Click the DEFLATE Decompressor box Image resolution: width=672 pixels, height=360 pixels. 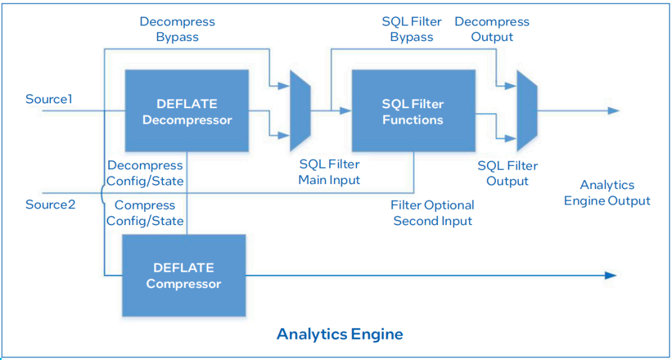click(x=187, y=111)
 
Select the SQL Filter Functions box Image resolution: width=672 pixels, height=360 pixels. click(x=413, y=111)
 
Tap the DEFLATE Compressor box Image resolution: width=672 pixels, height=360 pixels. click(x=184, y=275)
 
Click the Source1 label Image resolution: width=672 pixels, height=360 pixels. click(x=49, y=99)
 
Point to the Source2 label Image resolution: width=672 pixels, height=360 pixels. click(x=50, y=205)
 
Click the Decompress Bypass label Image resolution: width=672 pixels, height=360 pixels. click(x=177, y=29)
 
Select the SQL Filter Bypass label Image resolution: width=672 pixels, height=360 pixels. click(x=411, y=29)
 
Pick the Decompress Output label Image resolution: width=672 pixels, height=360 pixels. click(x=492, y=29)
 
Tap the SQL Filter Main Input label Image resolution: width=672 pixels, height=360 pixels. click(x=329, y=172)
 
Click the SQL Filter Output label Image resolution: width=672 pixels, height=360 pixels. click(x=508, y=173)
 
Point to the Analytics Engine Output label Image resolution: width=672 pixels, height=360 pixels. click(x=607, y=193)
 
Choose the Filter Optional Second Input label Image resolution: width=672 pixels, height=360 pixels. click(x=432, y=213)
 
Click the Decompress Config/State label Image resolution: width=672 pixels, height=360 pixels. click(x=145, y=173)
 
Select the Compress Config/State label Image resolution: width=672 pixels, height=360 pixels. click(x=145, y=213)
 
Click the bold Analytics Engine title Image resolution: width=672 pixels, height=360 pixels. click(x=340, y=334)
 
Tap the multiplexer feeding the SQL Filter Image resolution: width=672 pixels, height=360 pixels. click(x=300, y=111)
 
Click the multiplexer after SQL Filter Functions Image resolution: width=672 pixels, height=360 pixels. click(x=527, y=111)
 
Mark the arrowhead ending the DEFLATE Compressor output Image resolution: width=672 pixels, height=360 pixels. click(x=610, y=275)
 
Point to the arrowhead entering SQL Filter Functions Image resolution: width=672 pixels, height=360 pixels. click(x=345, y=111)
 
